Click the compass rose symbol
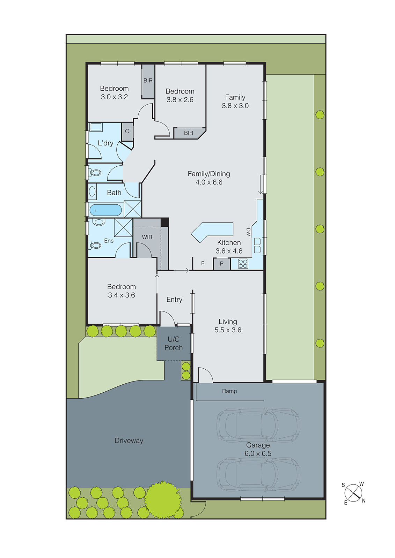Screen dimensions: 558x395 tap(353, 493)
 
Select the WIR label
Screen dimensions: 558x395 tap(147, 237)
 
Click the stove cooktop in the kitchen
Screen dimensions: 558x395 tap(243, 264)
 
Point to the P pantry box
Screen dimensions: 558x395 tap(221, 264)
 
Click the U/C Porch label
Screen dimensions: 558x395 tap(174, 344)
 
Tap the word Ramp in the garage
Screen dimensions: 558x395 tap(229, 391)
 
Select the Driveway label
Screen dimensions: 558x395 tap(129, 441)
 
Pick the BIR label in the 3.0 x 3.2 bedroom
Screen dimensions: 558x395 tap(148, 81)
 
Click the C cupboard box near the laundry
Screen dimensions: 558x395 tap(127, 131)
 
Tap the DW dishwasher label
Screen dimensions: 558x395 tap(248, 232)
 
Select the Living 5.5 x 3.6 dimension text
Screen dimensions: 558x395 tap(228, 330)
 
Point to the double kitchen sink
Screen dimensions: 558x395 tap(257, 245)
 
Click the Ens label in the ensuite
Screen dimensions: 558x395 tap(109, 241)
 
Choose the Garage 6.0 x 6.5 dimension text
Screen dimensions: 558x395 tap(258, 453)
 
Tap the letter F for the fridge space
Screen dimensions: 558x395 tap(203, 264)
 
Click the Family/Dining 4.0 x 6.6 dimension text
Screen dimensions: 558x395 tap(209, 182)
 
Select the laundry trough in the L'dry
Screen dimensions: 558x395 tap(96, 127)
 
